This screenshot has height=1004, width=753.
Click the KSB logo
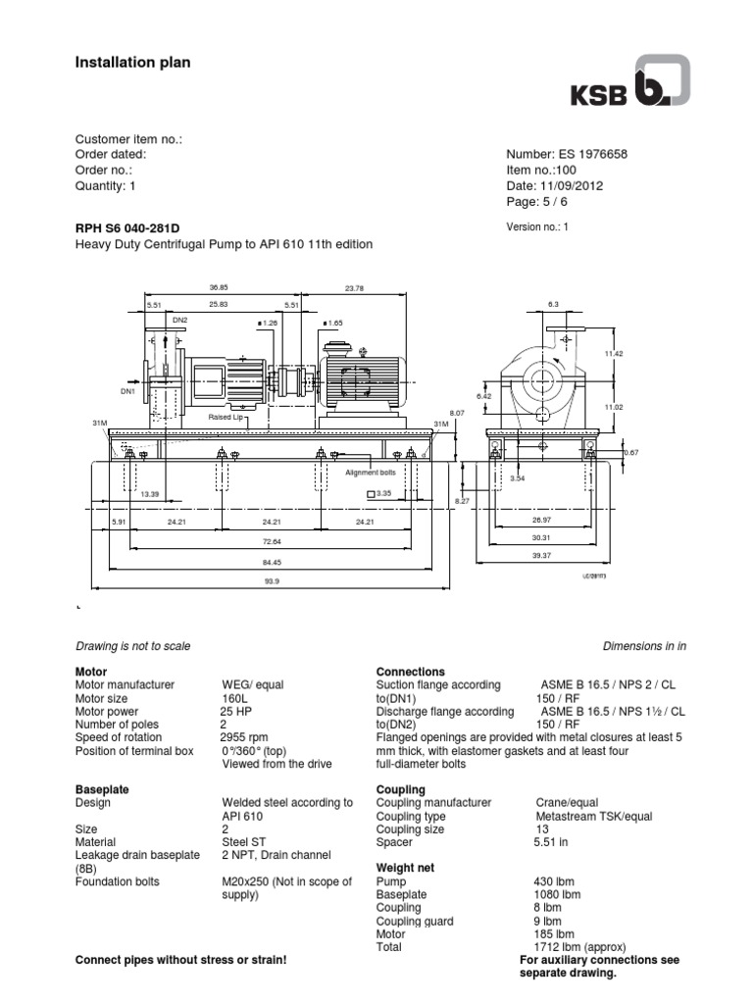pos(630,82)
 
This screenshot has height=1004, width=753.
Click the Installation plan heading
pos(133,63)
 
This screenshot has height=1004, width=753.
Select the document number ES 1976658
pos(567,155)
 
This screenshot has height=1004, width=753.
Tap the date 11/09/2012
pos(569,185)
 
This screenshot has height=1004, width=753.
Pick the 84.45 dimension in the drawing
pos(272,562)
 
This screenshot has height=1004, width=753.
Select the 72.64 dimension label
pos(272,541)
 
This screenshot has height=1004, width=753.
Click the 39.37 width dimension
pos(542,555)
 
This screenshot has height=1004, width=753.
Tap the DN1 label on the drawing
pos(127,391)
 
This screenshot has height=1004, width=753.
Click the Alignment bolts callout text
pos(368,472)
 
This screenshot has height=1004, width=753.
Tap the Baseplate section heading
pos(102,789)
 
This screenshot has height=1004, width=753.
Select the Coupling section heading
pos(401,789)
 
